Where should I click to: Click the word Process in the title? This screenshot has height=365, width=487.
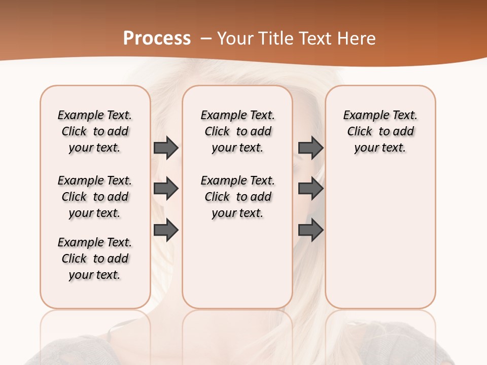[x=157, y=39]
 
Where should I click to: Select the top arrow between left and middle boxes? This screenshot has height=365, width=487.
[x=166, y=148]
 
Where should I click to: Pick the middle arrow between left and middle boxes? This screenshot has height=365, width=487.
[x=166, y=189]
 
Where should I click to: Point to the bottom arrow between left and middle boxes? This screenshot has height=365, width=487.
[x=166, y=231]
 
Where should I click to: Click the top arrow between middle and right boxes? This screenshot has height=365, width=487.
[x=310, y=148]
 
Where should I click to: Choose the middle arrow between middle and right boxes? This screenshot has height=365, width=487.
[x=310, y=189]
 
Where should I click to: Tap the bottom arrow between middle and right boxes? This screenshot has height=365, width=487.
[x=310, y=231]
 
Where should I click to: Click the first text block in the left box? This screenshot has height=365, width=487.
[x=95, y=131]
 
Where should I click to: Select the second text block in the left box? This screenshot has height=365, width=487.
[x=95, y=197]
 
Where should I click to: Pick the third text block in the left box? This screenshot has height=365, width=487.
[x=95, y=259]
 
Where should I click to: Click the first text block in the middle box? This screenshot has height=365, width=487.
[x=237, y=131]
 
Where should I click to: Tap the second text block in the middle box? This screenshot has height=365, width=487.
[x=237, y=197]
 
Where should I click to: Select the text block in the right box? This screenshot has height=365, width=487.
[x=380, y=131]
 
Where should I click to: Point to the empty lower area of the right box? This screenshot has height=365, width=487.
[x=380, y=238]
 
